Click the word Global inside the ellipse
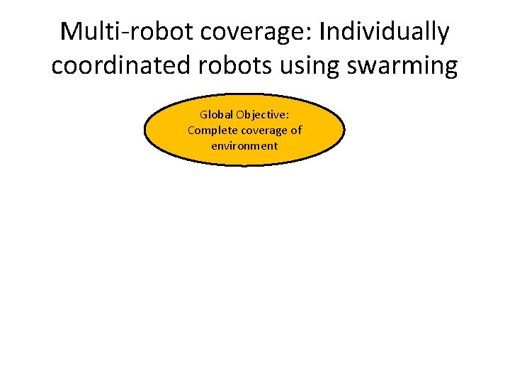[215, 114]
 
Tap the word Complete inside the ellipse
[209, 130]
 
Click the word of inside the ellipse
[296, 130]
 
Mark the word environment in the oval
[244, 145]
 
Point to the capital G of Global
[204, 114]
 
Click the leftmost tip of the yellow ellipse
[144, 131]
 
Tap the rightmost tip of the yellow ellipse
[345, 131]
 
